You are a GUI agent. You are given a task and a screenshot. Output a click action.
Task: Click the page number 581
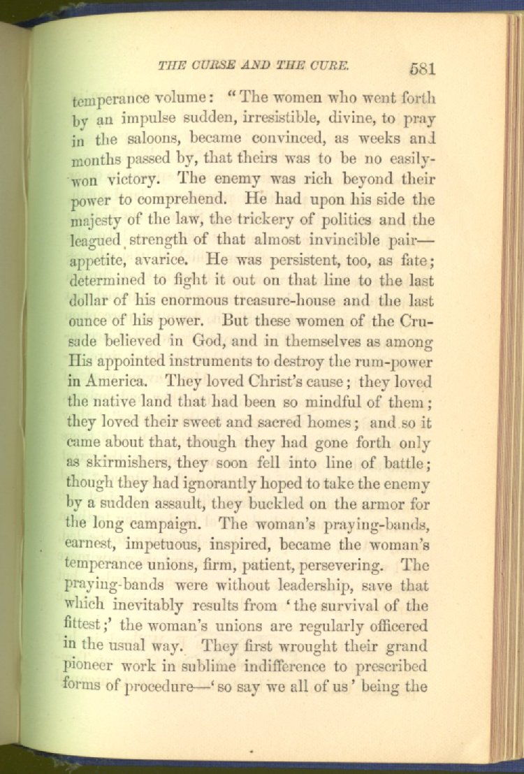423,68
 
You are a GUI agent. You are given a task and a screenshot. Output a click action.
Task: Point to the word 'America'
115,383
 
